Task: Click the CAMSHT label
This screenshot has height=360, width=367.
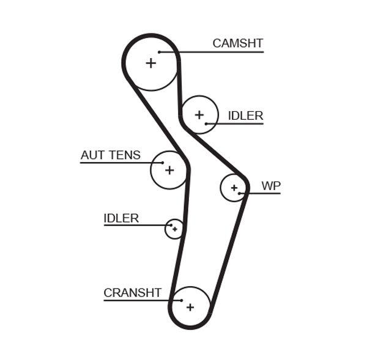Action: coord(237,43)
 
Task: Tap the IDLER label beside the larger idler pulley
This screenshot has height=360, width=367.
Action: coord(245,116)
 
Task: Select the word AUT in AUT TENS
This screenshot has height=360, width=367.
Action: coord(92,155)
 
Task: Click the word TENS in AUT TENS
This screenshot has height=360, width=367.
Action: coord(124,155)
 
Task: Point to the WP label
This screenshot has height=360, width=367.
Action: coord(270,186)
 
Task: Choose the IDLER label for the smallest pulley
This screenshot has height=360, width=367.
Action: coord(121,218)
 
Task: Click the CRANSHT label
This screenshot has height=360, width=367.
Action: coord(132,293)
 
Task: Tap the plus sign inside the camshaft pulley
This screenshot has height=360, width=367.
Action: coord(150,62)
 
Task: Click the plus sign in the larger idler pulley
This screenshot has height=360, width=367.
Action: coord(199,114)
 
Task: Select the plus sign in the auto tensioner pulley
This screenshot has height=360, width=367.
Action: coord(169,169)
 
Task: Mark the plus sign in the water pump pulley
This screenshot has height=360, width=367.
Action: coord(234,188)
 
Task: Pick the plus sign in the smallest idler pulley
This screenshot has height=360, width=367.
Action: coord(175,229)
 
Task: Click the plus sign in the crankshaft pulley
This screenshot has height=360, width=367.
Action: coord(190,307)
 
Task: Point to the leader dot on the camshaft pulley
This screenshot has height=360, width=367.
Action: coord(159,52)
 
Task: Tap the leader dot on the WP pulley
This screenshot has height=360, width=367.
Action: coord(240,194)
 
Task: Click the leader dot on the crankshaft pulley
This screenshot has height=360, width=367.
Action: coord(182,300)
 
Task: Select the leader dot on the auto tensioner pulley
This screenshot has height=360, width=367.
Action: coord(163,163)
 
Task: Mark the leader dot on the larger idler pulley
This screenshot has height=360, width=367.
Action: coord(207,124)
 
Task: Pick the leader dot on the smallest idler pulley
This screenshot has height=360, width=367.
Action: coord(171,226)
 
